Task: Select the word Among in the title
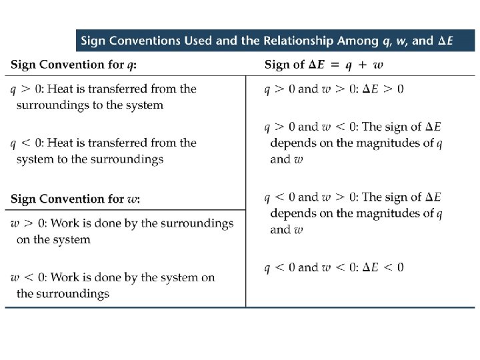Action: coord(357,41)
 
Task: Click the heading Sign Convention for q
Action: coord(77,65)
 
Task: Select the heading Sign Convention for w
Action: coord(75,199)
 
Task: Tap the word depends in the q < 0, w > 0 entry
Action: coord(293,213)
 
